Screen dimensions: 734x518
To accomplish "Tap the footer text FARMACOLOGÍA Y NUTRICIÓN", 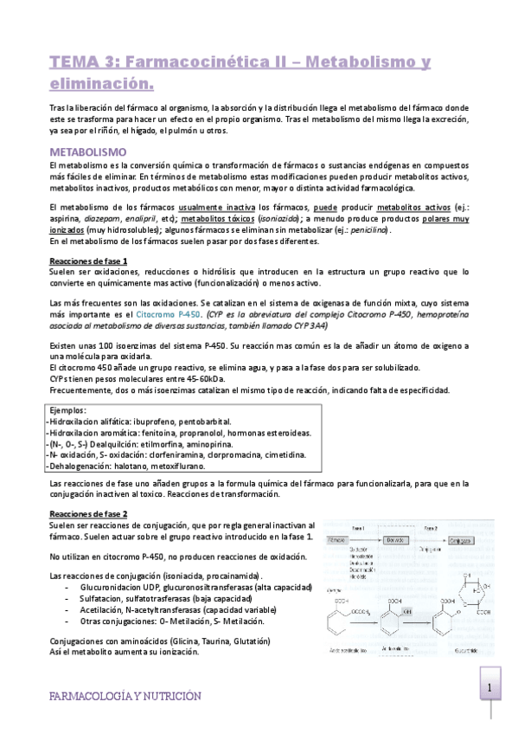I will click(x=125, y=695).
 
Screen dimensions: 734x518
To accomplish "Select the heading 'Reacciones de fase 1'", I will click(x=88, y=261).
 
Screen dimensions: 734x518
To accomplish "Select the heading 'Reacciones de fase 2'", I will click(x=88, y=513).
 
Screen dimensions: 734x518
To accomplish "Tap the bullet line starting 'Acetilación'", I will click(x=186, y=609).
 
